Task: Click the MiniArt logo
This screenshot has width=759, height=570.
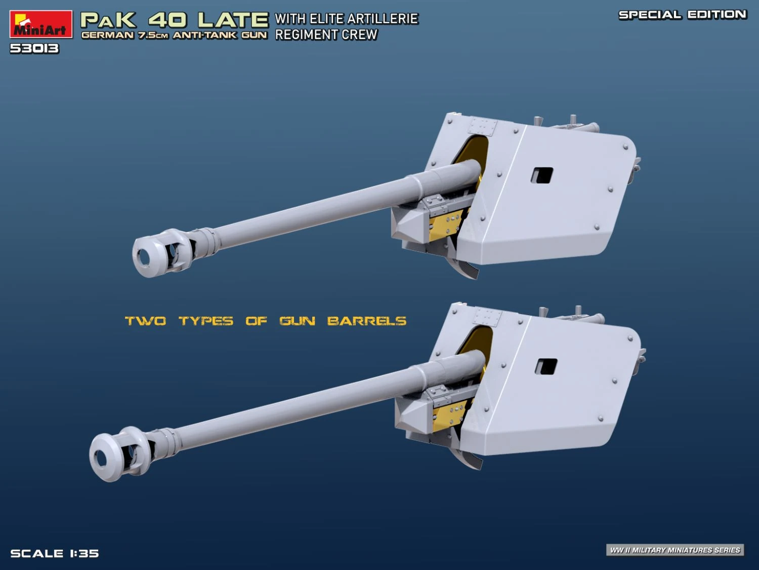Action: click(41, 24)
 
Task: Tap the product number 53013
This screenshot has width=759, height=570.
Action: click(34, 49)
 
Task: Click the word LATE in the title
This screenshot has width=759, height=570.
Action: click(233, 20)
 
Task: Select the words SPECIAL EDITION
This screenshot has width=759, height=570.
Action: click(683, 15)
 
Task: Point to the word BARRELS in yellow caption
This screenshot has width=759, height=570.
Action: click(366, 321)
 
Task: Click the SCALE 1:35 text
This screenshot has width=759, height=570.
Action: click(55, 553)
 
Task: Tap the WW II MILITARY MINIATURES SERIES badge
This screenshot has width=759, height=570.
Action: click(675, 550)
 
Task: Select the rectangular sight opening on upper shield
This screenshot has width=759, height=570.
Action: click(542, 175)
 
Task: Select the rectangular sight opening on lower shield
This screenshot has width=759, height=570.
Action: click(546, 366)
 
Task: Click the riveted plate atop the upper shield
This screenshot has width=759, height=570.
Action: click(482, 126)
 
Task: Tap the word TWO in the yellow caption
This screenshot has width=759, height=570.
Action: click(146, 321)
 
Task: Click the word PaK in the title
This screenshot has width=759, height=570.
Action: click(108, 20)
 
